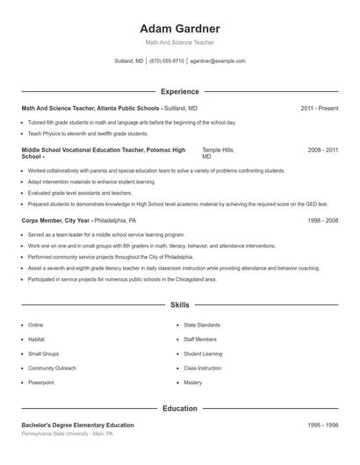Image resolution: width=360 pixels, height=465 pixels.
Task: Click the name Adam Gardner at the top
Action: click(179, 28)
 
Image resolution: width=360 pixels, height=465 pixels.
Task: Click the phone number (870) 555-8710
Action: click(167, 61)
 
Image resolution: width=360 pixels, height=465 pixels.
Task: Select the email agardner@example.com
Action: click(218, 61)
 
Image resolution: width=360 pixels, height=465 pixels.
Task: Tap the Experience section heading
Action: click(179, 91)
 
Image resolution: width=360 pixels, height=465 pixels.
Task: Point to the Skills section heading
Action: click(179, 305)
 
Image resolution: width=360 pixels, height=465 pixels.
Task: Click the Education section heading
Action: click(179, 408)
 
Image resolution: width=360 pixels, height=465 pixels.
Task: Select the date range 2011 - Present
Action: click(320, 108)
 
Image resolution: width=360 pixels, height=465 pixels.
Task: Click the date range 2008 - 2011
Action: click(323, 150)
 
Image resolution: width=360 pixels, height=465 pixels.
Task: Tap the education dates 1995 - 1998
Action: click(323, 426)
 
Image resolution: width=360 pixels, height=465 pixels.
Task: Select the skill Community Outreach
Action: click(52, 368)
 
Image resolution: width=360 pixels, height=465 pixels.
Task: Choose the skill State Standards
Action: click(202, 325)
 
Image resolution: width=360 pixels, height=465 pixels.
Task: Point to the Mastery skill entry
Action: click(193, 383)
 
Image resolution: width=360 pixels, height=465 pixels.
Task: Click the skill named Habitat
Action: click(36, 340)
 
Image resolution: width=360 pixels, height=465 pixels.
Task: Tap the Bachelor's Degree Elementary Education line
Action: click(77, 426)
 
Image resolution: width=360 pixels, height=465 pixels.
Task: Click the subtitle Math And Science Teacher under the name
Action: click(179, 42)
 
